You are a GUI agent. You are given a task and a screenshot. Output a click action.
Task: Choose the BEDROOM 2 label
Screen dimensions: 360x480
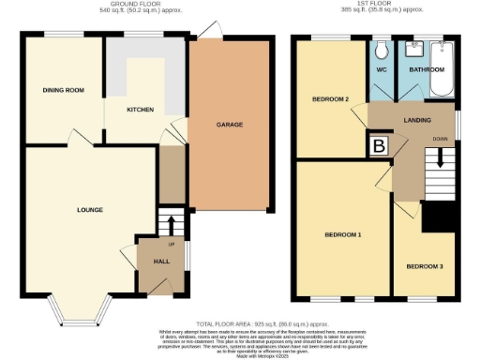[x=330, y=98]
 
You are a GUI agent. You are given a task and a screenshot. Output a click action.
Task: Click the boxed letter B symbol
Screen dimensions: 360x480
[x=380, y=145]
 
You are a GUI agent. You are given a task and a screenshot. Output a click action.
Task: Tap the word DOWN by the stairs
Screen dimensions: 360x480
[x=440, y=140]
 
